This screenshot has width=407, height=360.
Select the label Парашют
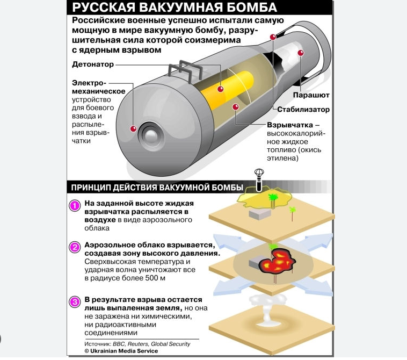point(311,95)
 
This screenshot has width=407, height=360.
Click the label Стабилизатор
point(303,110)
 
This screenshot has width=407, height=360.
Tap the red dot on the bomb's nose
point(132,128)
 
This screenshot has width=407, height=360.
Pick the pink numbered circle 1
point(76,207)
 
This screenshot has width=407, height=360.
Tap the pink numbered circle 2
point(76,248)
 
